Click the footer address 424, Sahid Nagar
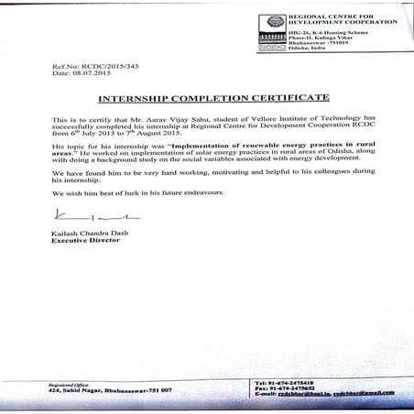pyautogui.click(x=80, y=389)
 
